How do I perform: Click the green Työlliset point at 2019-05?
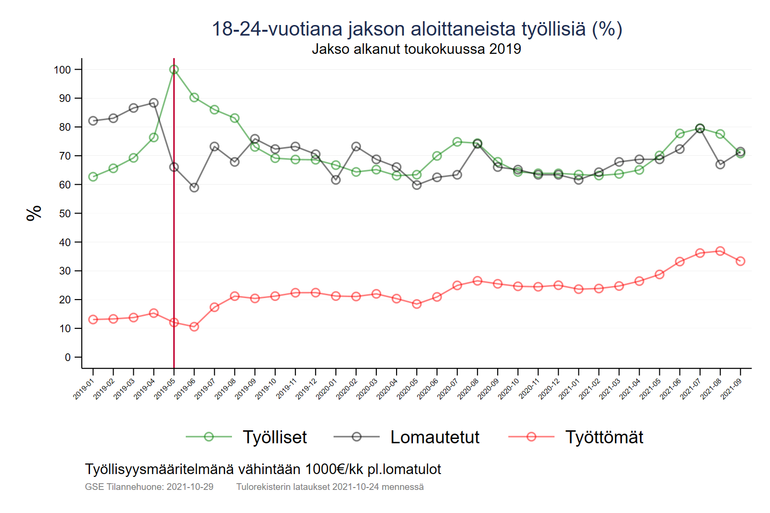[174, 70]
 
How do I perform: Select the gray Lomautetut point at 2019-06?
[194, 188]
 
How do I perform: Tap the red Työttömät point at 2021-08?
[720, 251]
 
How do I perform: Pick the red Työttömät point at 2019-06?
[194, 327]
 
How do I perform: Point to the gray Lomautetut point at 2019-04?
[154, 103]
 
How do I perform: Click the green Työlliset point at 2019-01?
[93, 177]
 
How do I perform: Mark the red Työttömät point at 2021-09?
[740, 261]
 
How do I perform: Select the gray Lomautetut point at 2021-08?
[720, 164]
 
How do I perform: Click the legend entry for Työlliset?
[274, 437]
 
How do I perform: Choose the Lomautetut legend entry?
[435, 437]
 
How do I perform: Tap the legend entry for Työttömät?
[604, 437]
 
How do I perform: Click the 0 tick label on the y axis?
[68, 357]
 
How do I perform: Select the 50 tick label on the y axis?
[65, 213]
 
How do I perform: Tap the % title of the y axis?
[34, 213]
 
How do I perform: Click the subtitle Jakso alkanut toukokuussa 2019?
[416, 49]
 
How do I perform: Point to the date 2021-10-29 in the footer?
[190, 487]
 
